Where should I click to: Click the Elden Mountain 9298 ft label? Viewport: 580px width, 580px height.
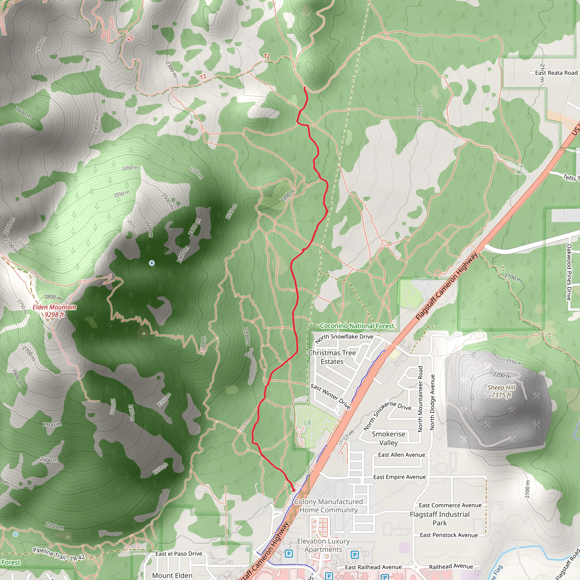click(x=54, y=311)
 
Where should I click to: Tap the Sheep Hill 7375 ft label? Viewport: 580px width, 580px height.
click(x=501, y=391)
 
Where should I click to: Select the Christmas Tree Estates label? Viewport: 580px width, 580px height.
click(x=332, y=357)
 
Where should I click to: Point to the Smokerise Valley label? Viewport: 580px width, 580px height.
click(x=389, y=438)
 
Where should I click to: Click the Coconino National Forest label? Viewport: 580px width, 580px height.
click(x=357, y=326)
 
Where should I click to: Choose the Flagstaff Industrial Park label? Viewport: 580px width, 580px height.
click(x=440, y=519)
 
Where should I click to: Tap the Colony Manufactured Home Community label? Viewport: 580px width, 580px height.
click(x=329, y=506)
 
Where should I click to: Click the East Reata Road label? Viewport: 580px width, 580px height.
click(x=556, y=73)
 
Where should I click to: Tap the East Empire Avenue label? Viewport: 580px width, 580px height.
click(x=399, y=477)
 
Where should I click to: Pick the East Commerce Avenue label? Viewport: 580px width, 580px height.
click(x=450, y=505)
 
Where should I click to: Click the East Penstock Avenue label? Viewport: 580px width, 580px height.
click(x=449, y=535)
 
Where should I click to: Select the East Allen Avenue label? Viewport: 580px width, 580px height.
click(x=401, y=455)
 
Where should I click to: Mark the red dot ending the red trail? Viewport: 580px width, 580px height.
click(x=294, y=490)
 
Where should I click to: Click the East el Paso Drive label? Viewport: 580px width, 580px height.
click(x=179, y=554)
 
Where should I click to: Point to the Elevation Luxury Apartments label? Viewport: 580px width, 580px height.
click(x=323, y=545)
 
